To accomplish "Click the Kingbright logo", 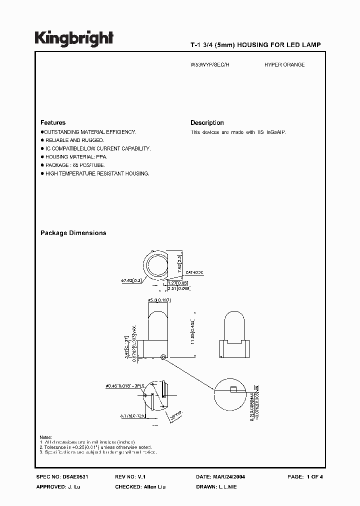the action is pos(74,38).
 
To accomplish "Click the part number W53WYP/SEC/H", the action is pos(210,64).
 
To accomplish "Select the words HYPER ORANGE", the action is pos(284,64).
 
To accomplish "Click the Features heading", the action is pos(52,122).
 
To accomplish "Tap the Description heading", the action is pos(207,122).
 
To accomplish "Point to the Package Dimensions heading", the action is pos(73,233).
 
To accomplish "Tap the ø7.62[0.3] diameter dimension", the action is pos(132,281).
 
